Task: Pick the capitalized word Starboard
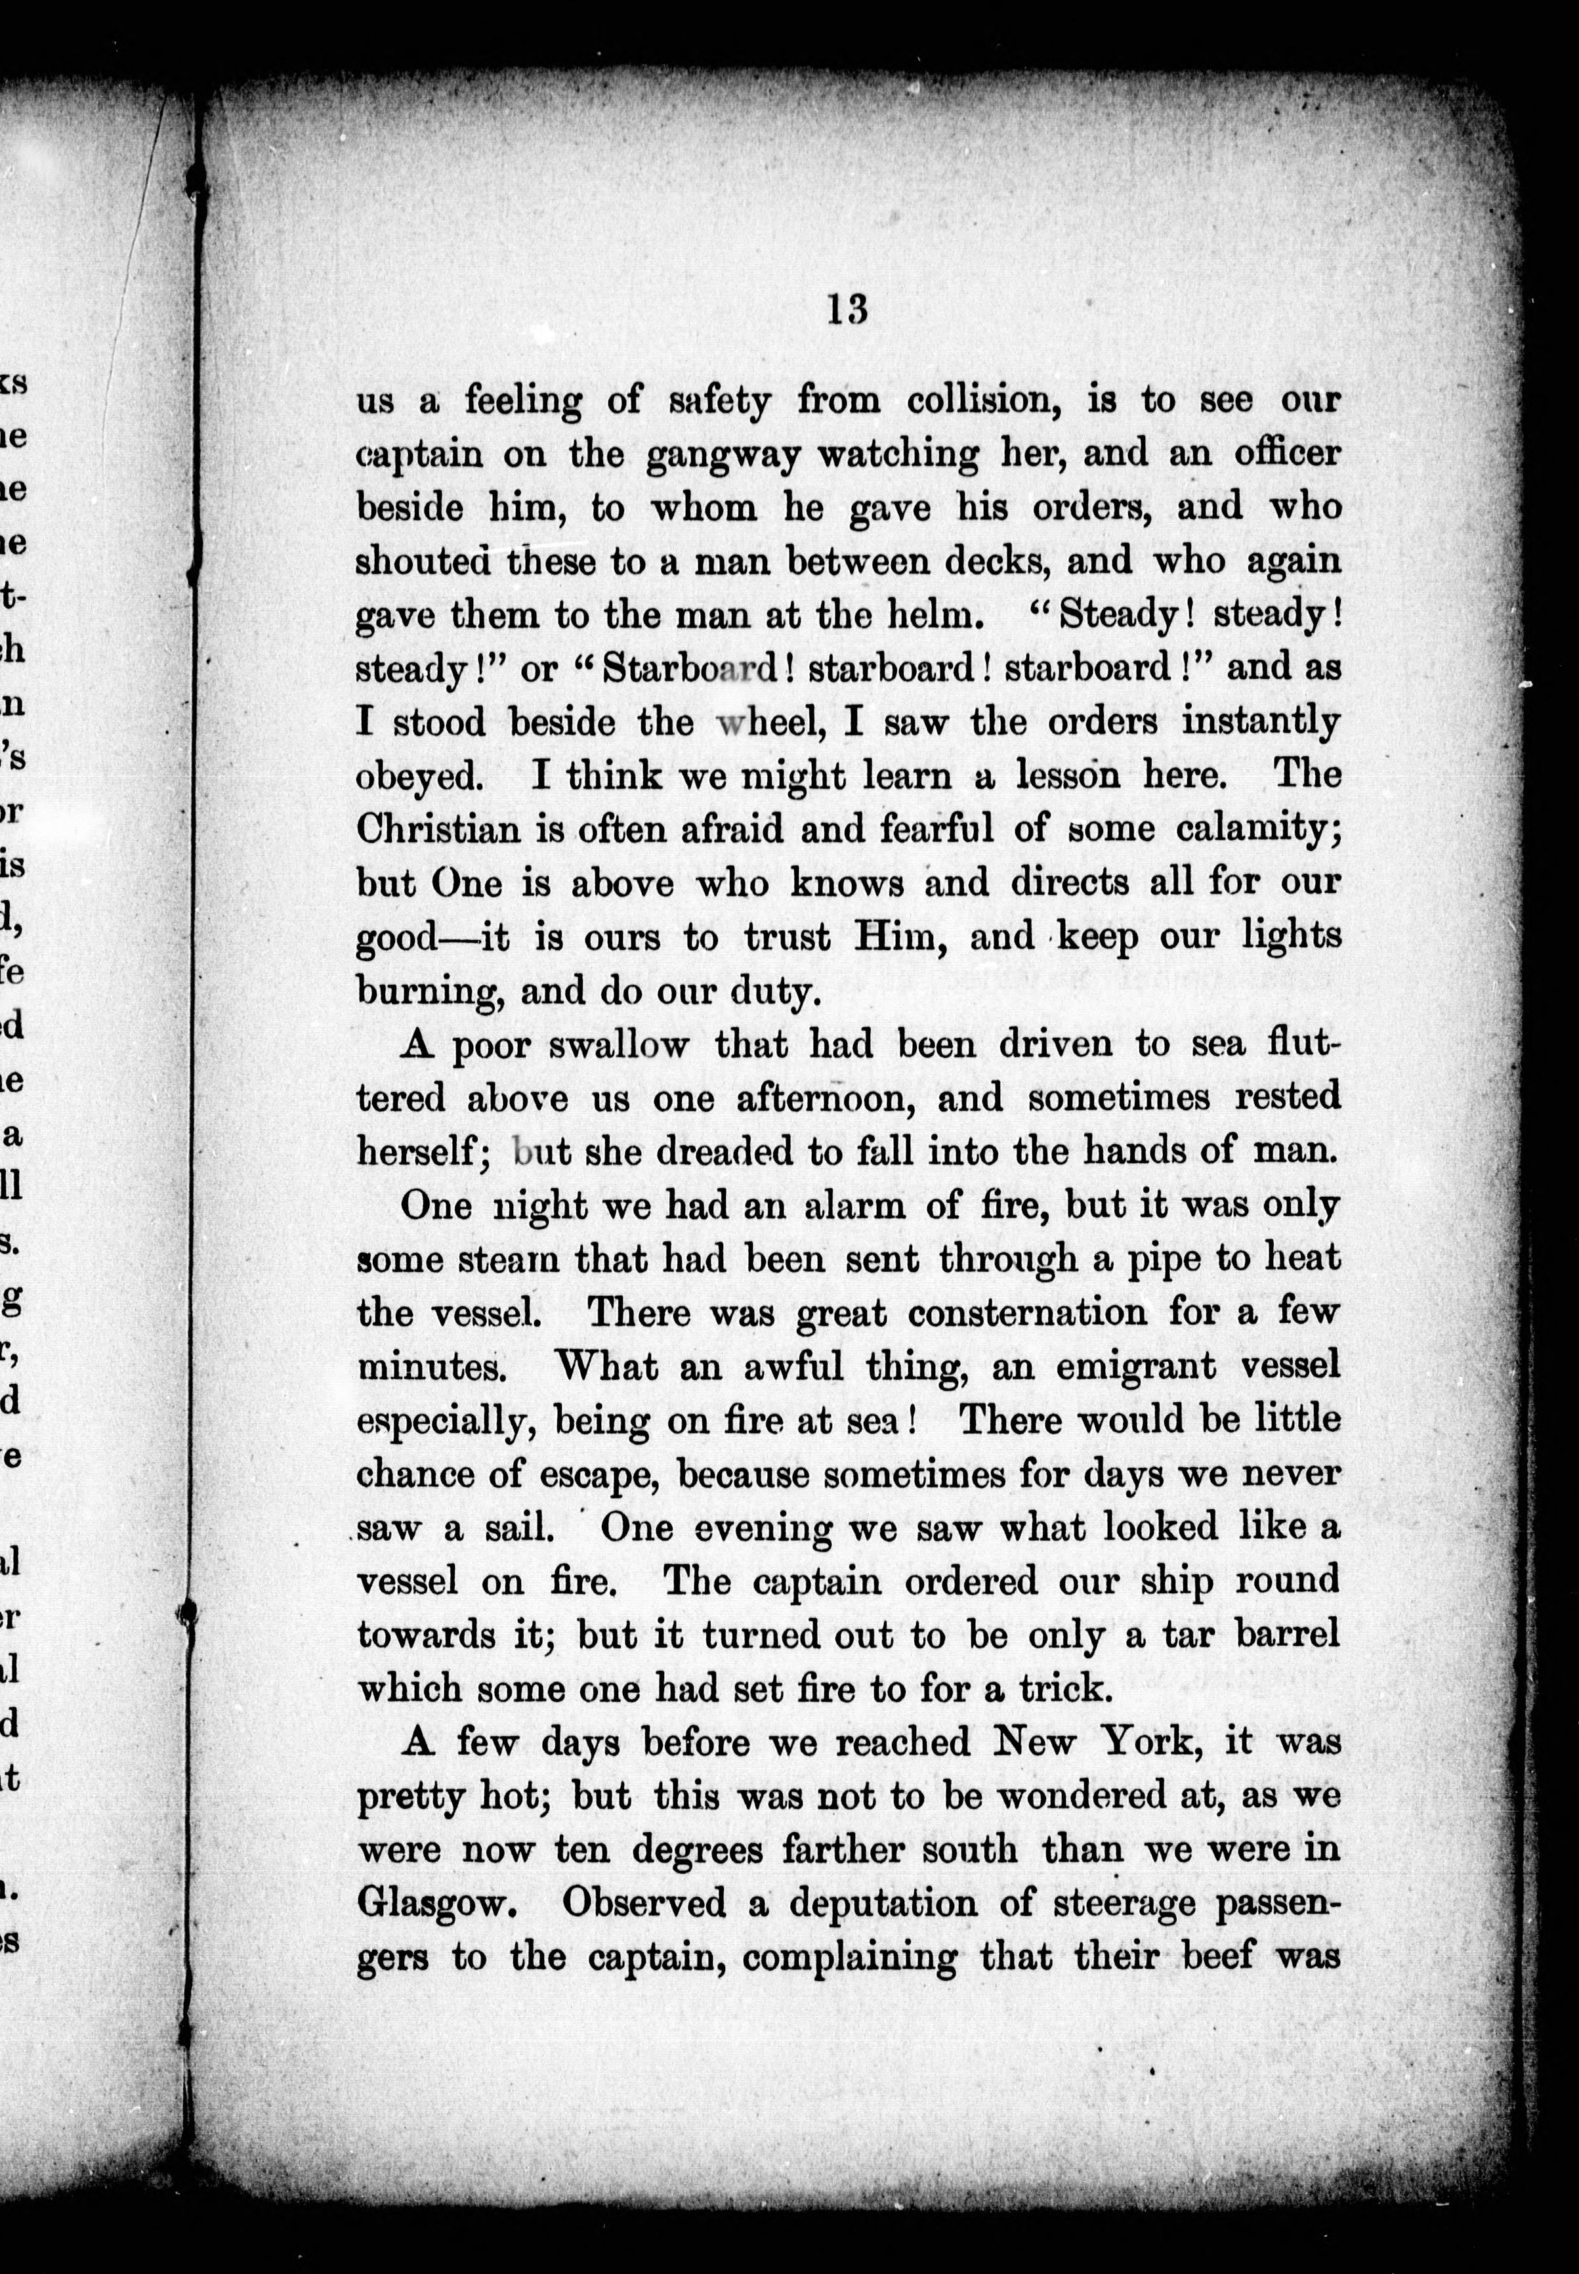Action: (690, 667)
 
